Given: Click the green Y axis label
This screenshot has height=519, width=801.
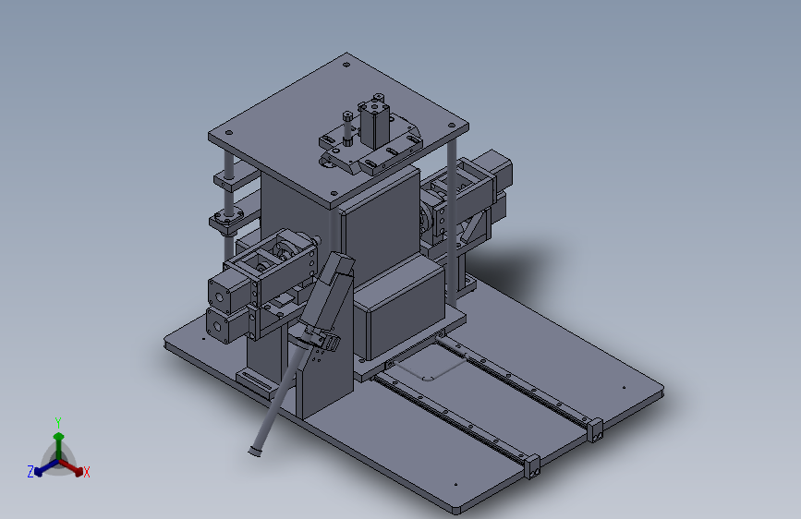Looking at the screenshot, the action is pyautogui.click(x=57, y=422).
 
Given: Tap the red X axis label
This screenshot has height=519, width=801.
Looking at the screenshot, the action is pyautogui.click(x=86, y=472).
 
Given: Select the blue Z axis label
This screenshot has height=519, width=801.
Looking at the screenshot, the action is pyautogui.click(x=30, y=472).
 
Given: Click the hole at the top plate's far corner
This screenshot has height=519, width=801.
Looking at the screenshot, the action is pyautogui.click(x=346, y=65).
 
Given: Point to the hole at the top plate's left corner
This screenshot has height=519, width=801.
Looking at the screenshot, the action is pyautogui.click(x=229, y=133).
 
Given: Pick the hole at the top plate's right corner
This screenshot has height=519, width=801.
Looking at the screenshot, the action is pyautogui.click(x=452, y=126).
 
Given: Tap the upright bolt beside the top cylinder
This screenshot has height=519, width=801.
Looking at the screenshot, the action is pyautogui.click(x=347, y=128).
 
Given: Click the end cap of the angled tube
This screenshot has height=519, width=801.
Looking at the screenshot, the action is pyautogui.click(x=254, y=451).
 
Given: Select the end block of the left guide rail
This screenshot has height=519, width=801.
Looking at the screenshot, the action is pyautogui.click(x=532, y=467).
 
